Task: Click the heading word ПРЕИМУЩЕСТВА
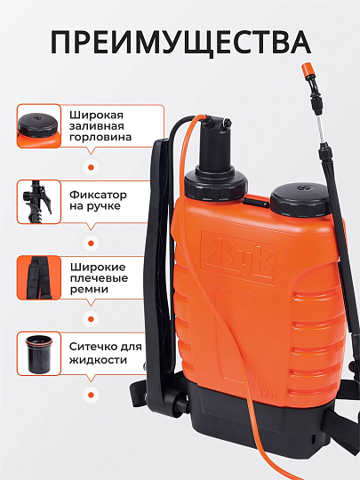point(180,42)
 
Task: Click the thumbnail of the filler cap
point(39,126)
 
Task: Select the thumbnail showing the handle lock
point(39,202)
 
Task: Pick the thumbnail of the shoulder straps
point(39,277)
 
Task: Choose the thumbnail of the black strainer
point(39,354)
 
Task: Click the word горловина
point(100,138)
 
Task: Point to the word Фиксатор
point(98,195)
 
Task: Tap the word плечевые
point(99,278)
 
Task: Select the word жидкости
point(98,360)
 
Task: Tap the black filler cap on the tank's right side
point(300,199)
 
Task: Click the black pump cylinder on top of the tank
point(215,147)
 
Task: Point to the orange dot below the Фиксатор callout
point(91,244)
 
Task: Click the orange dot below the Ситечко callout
point(91,395)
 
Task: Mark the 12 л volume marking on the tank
point(269,396)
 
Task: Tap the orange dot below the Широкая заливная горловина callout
point(91,167)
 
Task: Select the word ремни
point(89,290)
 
